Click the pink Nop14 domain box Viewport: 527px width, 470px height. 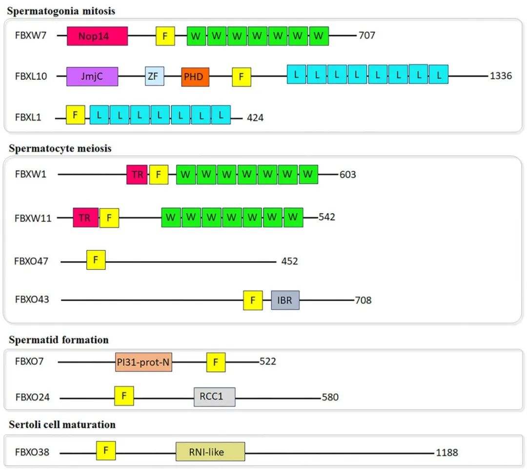point(97,36)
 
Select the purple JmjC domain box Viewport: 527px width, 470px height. point(92,77)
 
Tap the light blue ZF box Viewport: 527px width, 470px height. point(154,77)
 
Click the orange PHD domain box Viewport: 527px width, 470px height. point(195,77)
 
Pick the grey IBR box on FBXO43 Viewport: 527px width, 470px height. point(285,300)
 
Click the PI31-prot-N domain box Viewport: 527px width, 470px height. point(143,362)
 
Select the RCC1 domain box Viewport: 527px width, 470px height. point(214,397)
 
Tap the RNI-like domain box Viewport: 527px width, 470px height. point(210,452)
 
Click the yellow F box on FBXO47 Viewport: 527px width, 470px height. point(96,260)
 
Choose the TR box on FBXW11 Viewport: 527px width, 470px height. point(85,217)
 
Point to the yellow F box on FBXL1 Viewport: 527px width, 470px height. point(75,114)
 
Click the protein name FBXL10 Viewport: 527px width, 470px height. point(31,77)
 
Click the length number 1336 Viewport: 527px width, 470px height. point(501,76)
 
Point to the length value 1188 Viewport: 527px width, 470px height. point(446,452)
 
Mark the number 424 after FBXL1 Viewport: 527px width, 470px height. point(255,118)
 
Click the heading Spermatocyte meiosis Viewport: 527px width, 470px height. point(60,148)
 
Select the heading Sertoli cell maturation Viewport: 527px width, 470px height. point(62,425)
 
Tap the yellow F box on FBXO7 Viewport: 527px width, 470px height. point(216,362)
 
